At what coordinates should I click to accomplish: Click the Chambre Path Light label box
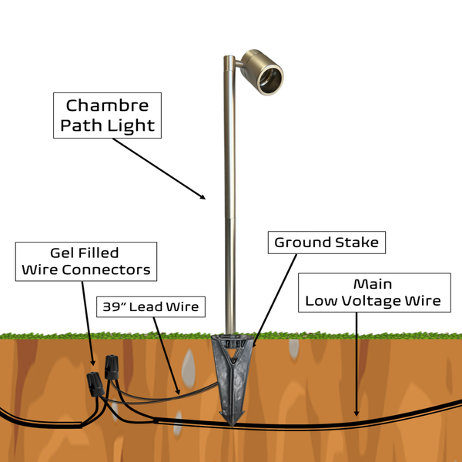point(107,115)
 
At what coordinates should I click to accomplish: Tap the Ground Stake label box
point(327,243)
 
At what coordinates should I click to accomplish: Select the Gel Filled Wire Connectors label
point(86,261)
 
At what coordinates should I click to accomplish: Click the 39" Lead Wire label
point(150,306)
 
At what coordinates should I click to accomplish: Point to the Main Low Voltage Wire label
point(373,292)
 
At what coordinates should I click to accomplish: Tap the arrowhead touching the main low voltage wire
point(356,413)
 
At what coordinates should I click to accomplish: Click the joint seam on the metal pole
point(228,218)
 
